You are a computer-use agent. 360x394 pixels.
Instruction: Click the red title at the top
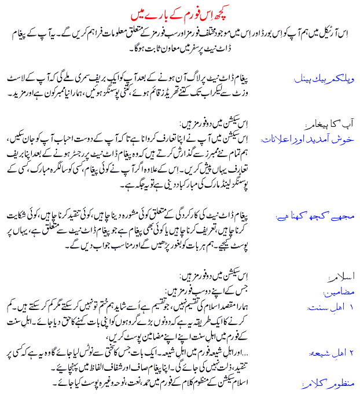[x=180, y=12]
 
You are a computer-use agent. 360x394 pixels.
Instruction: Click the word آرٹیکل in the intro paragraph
[x=324, y=33]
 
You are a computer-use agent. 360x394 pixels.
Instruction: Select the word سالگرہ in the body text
[x=86, y=174]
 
